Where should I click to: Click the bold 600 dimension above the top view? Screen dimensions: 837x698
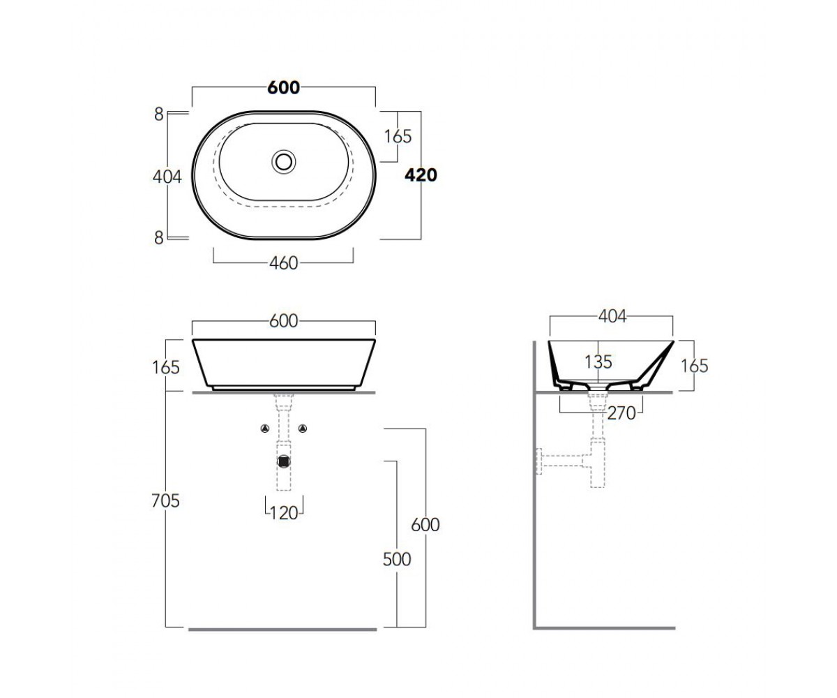click(283, 88)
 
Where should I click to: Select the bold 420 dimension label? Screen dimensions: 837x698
click(421, 175)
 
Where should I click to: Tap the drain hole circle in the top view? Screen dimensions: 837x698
click(284, 162)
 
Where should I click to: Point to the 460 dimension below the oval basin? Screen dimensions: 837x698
click(283, 263)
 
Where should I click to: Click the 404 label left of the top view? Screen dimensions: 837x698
click(167, 177)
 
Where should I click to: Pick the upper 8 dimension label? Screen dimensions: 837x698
click(159, 114)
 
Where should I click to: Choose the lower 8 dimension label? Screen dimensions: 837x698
click(159, 238)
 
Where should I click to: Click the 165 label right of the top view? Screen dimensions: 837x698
click(398, 137)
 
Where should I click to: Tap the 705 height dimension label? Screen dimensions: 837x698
click(165, 500)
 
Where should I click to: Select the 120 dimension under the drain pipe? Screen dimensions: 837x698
click(284, 513)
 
